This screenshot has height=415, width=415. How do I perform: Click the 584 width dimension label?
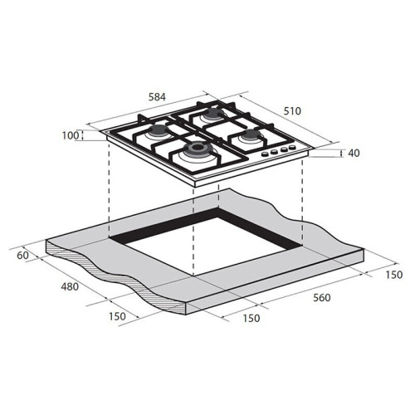click(157, 97)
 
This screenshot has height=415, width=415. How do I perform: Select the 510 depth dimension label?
click(292, 111)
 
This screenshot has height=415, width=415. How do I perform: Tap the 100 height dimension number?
click(71, 136)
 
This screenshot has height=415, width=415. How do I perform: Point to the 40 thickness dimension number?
click(354, 153)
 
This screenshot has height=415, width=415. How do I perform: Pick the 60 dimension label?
click(22, 256)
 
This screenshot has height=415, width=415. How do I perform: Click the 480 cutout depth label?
click(70, 286)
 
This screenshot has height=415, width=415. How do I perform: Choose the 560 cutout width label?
click(322, 298)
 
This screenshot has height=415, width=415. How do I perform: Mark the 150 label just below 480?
click(117, 316)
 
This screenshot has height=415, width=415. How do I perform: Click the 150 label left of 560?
click(251, 318)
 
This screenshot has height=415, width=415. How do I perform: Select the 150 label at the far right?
click(394, 275)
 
